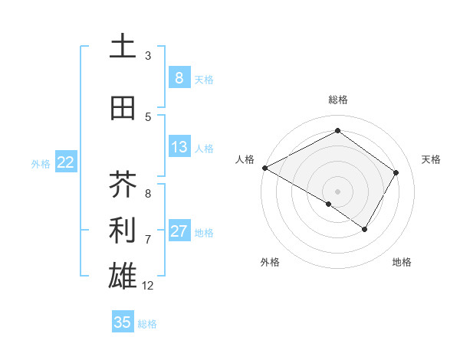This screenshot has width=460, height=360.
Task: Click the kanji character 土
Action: click(123, 47)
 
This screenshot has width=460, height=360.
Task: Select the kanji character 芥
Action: click(123, 185)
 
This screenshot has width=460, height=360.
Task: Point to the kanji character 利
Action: click(123, 231)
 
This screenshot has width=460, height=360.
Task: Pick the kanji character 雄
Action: click(123, 277)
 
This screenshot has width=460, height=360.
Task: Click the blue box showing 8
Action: click(179, 77)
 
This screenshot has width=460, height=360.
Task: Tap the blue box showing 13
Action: click(179, 147)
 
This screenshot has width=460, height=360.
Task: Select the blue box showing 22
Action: click(65, 162)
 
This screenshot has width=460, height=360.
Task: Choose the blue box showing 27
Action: click(179, 231)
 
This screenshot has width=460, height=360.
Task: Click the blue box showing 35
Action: click(123, 322)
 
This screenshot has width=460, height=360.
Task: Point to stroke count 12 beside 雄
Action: click(148, 286)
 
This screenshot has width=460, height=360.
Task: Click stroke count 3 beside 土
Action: click(148, 56)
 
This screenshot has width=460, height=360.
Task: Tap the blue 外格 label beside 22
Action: click(40, 162)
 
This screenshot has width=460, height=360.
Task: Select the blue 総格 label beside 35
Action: click(147, 324)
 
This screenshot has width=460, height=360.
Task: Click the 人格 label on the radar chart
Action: click(245, 159)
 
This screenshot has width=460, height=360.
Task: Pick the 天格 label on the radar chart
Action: click(431, 159)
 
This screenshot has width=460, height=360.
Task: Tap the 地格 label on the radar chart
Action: click(402, 262)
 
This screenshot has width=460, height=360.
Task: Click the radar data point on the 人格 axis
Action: click(264, 168)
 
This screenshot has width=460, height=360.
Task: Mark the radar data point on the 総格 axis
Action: click(337, 131)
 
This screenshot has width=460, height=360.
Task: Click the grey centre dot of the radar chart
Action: click(337, 191)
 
